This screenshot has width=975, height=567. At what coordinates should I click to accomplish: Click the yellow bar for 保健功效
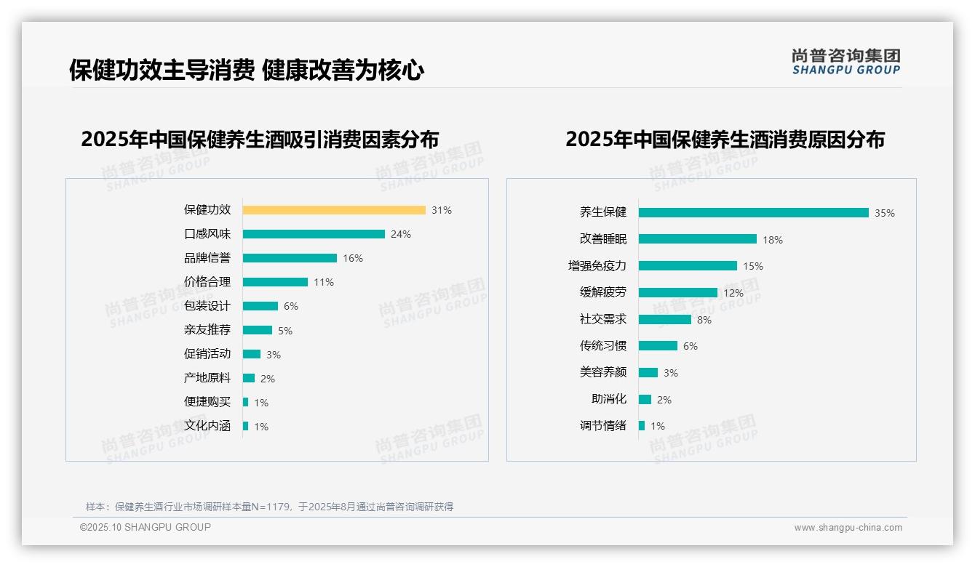point(334,210)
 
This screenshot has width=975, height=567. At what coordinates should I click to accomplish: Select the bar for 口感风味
point(314,234)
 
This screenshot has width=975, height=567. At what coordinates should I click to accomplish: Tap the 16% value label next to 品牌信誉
point(353,258)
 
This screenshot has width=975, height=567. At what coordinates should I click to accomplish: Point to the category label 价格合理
point(207,282)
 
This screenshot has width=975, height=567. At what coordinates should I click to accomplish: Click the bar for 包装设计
point(260,306)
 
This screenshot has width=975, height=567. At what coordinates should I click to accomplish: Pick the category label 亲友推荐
point(207,330)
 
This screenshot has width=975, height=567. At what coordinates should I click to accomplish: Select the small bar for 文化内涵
point(246,426)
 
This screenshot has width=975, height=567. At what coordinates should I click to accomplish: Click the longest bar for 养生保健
point(753,213)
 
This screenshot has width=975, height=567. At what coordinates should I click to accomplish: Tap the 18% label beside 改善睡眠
point(773,240)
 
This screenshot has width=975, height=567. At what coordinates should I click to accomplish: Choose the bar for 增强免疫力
point(688,266)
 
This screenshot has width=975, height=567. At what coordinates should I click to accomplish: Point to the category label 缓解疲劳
point(603,292)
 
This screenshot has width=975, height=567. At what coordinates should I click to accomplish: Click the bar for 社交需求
point(665,319)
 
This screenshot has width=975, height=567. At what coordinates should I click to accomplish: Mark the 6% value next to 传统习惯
point(690,346)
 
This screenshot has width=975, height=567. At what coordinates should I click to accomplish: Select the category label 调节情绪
point(603,426)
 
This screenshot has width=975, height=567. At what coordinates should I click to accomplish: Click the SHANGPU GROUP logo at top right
point(846,62)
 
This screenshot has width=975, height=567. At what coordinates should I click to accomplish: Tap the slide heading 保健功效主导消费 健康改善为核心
point(247,71)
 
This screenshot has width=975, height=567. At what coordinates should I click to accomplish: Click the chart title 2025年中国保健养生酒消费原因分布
point(725,140)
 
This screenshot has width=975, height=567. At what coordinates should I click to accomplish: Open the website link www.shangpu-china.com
point(848,528)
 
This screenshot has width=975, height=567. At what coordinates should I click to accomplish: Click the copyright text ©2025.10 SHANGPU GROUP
point(146,527)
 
